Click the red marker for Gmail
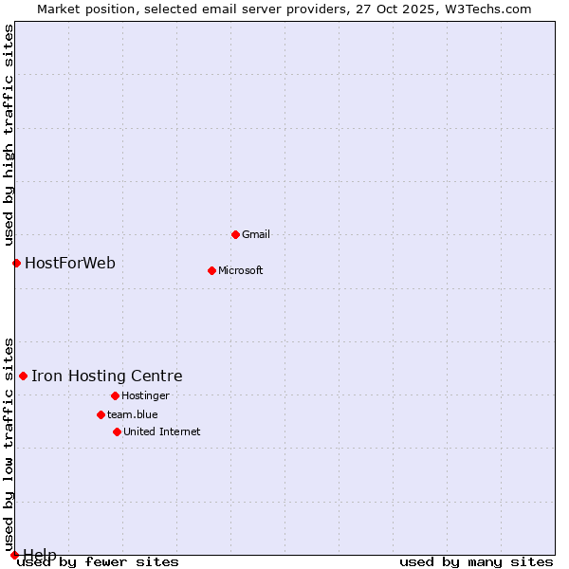point(235,234)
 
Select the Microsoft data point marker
point(211,270)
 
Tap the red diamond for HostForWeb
point(16,263)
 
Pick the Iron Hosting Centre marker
point(23,376)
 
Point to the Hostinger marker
point(115,395)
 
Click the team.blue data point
point(101,414)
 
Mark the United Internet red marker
point(117,431)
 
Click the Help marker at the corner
point(14,555)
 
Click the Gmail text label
point(256,234)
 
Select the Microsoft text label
point(241,270)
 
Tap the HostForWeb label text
point(70,263)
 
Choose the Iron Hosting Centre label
point(107,376)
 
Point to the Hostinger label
point(145,395)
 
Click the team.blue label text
point(133,414)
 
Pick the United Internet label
point(162,431)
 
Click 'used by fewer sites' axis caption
point(99,561)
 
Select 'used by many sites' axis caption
point(476,561)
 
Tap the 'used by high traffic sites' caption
point(9,134)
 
